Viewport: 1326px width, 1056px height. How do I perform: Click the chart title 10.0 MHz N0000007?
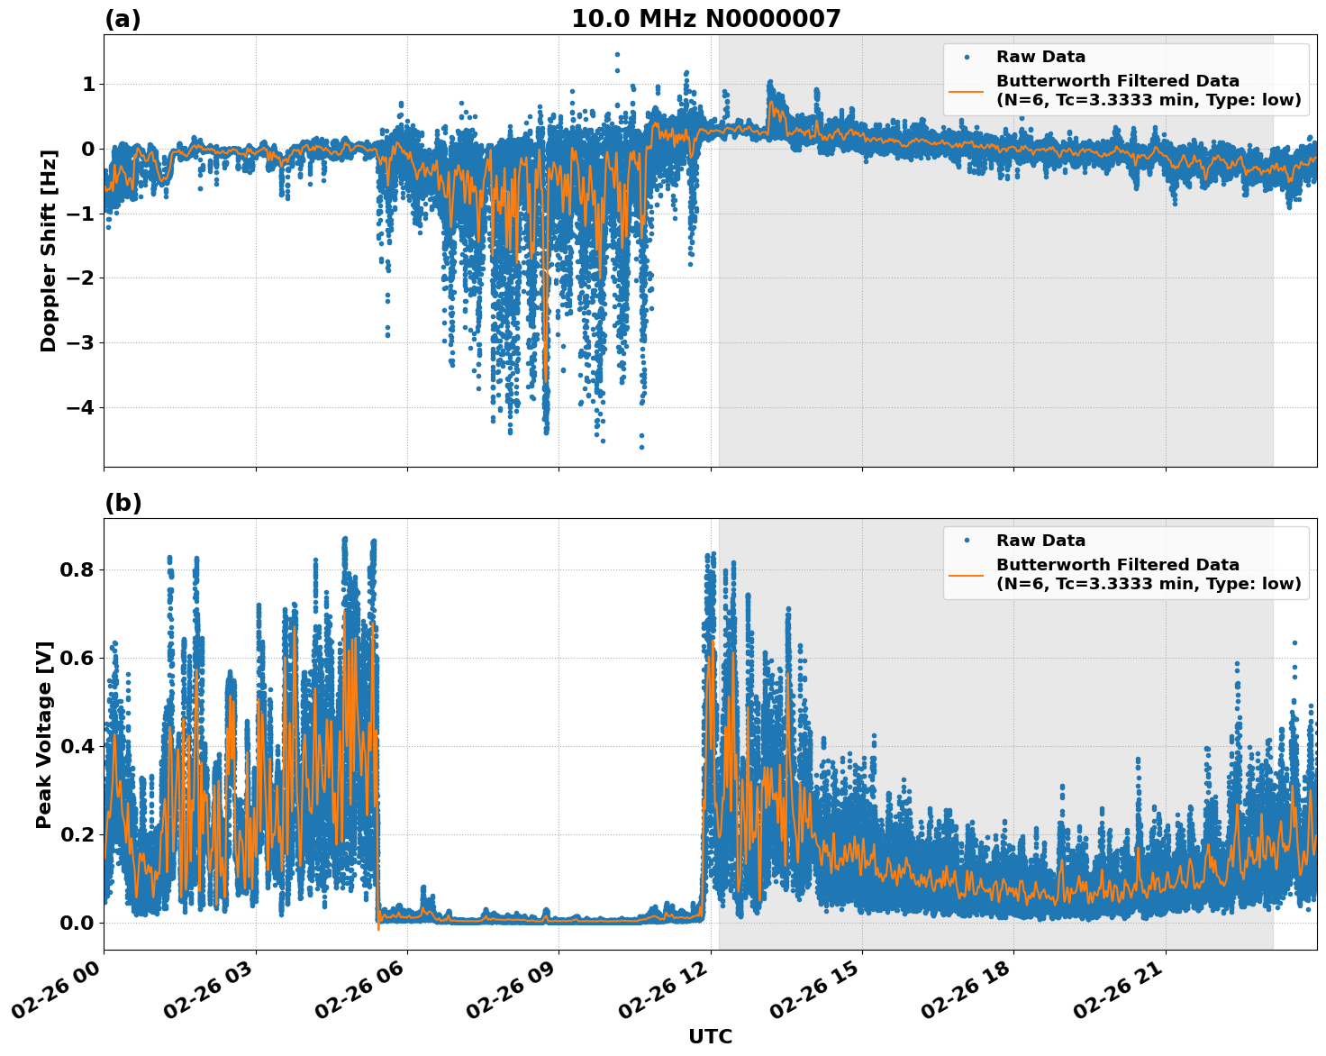click(x=705, y=19)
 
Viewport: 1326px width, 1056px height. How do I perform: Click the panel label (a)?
click(x=123, y=19)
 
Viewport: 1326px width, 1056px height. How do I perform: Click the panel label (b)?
click(x=123, y=503)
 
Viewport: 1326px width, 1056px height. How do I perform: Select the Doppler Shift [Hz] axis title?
click(x=49, y=250)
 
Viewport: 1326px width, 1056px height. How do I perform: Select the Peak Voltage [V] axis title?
click(x=44, y=734)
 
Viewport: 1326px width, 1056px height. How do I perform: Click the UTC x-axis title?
click(x=710, y=1036)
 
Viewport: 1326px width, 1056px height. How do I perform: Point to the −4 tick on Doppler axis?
click(x=80, y=407)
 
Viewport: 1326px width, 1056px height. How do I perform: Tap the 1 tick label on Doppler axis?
click(x=88, y=85)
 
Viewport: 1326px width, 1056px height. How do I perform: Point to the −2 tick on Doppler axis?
click(x=80, y=278)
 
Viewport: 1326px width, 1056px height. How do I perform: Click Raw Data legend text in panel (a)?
click(x=1040, y=57)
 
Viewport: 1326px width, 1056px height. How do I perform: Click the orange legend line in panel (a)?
click(x=966, y=91)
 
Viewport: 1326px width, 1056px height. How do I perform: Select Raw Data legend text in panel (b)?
click(x=1040, y=541)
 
